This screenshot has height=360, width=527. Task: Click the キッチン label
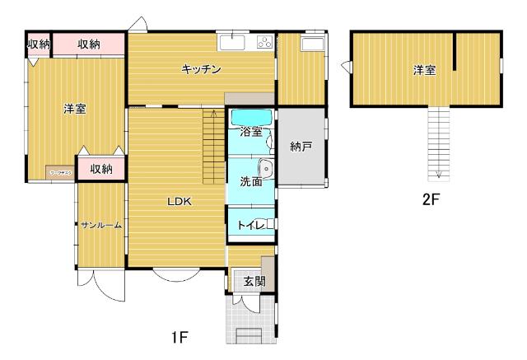201,70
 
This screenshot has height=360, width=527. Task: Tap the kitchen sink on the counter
232,41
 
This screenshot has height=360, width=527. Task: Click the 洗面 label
250,181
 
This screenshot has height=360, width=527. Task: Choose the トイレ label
249,225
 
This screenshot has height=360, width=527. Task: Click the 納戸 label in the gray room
301,147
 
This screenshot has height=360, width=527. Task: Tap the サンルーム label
101,225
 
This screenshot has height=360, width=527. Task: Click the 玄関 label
254,281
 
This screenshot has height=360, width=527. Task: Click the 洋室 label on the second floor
424,71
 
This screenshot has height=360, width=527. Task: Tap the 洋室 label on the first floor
75,109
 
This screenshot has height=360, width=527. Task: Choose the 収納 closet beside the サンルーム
101,169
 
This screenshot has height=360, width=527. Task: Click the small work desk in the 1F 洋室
59,173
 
